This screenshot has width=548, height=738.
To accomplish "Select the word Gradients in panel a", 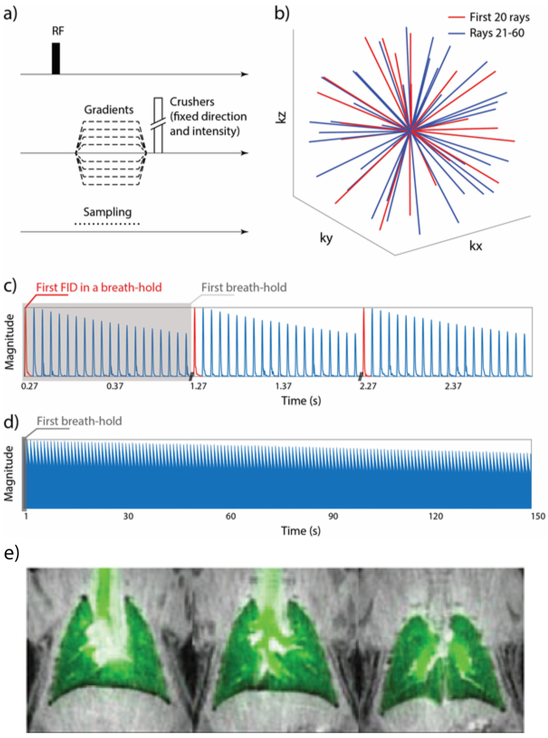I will pyautogui.click(x=109, y=110).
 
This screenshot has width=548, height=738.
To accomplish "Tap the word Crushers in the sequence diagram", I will pyautogui.click(x=192, y=102).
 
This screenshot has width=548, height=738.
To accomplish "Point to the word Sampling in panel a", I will pyautogui.click(x=107, y=212).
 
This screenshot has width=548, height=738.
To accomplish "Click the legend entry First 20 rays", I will pyautogui.click(x=499, y=17).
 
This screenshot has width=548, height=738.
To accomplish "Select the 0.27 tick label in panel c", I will pyautogui.click(x=29, y=386).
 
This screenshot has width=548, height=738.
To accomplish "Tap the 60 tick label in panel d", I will pyautogui.click(x=231, y=516).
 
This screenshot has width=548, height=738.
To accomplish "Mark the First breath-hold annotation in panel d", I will pyautogui.click(x=79, y=421).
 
